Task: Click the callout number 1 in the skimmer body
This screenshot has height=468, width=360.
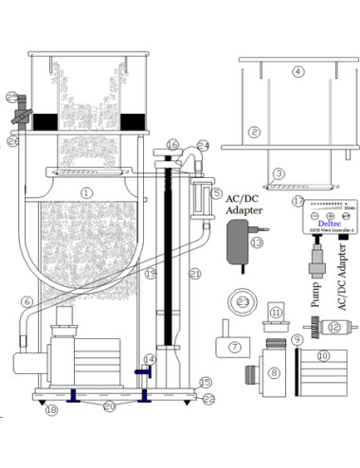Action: [86, 191]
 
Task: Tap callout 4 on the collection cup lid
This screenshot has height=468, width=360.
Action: [297, 71]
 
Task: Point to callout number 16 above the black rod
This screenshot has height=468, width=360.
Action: [171, 144]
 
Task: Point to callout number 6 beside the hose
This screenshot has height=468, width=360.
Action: [27, 301]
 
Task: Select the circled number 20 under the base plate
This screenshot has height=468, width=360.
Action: [110, 407]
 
